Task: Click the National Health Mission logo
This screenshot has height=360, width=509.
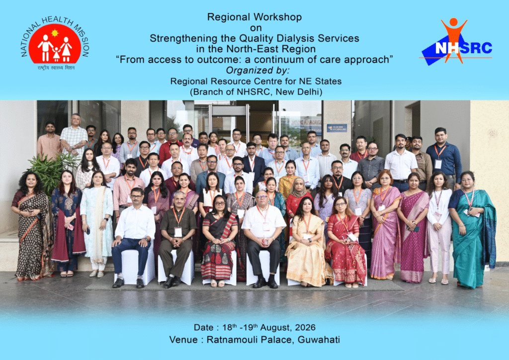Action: [x=55, y=43]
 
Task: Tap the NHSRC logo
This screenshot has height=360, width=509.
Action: [x=456, y=42]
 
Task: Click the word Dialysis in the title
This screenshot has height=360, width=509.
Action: [x=295, y=38]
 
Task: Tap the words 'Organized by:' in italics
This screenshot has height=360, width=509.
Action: [x=257, y=71]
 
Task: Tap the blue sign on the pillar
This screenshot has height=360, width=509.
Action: [x=337, y=128]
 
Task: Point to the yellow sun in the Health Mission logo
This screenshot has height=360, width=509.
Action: [x=55, y=33]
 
